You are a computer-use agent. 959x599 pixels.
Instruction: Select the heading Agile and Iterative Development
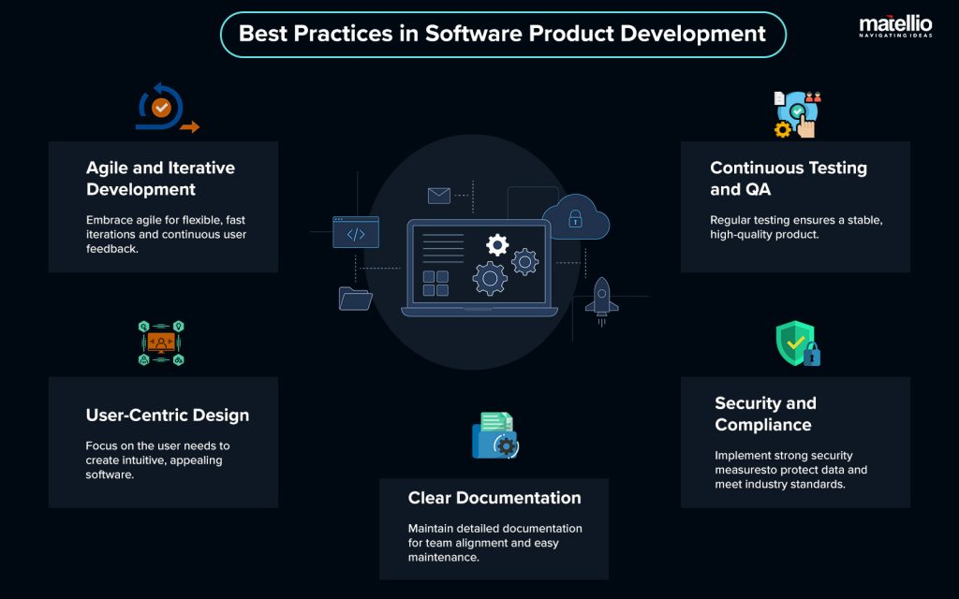tap(160, 179)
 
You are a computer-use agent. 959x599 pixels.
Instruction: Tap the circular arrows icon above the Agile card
tap(163, 109)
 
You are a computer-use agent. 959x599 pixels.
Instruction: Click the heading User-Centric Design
tap(168, 415)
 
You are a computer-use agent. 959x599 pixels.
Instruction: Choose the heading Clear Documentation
tap(494, 498)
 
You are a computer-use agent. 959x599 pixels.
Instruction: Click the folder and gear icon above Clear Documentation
tap(494, 435)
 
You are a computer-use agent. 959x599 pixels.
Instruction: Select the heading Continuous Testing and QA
tap(789, 179)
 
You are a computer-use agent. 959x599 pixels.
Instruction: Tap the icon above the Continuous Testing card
tap(796, 114)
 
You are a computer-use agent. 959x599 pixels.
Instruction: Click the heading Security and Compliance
tap(765, 414)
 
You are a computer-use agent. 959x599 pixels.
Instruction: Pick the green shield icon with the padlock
tap(797, 343)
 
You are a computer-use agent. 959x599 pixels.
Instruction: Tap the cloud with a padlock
tap(575, 218)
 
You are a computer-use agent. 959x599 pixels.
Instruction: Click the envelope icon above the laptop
tap(439, 196)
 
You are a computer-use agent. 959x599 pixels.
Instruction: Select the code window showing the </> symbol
tap(356, 232)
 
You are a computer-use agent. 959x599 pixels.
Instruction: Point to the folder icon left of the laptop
tap(356, 298)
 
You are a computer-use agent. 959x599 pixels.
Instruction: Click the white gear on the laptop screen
tap(497, 245)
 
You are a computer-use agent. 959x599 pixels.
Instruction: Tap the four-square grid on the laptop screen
tap(435, 284)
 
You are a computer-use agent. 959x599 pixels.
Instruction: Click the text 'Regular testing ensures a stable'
tap(796, 220)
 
